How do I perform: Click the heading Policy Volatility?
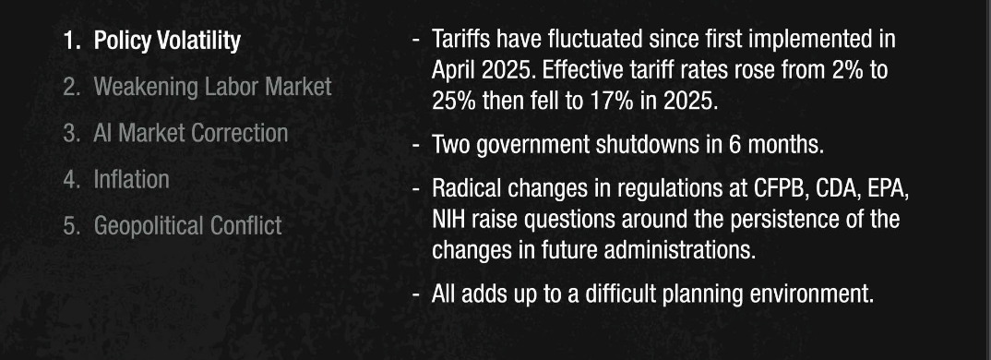167,41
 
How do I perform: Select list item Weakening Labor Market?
212,87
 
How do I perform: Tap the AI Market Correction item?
191,133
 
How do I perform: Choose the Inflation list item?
131,179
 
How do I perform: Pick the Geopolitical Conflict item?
187,226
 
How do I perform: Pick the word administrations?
681,250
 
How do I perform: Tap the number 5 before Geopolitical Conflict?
69,226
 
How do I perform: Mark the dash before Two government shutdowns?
416,146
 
